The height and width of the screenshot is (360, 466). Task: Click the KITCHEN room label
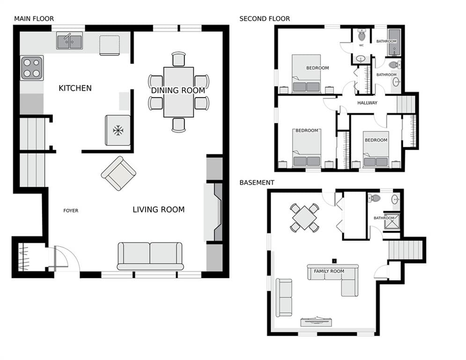[75, 88]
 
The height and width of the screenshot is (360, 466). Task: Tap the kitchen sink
[69, 41]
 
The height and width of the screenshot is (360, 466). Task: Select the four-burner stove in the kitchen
[32, 68]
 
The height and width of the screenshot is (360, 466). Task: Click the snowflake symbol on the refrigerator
[118, 130]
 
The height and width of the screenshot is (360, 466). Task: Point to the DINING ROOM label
[178, 90]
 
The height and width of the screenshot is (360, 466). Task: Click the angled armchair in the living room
[118, 173]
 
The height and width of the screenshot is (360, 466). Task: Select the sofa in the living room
[150, 256]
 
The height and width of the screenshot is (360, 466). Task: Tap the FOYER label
[71, 210]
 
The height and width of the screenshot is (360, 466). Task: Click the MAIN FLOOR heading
[34, 19]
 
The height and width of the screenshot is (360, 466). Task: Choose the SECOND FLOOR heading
[265, 19]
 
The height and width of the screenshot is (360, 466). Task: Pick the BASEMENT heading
[257, 182]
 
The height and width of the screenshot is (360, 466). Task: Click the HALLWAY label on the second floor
[367, 103]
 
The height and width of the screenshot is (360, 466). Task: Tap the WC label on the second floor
[362, 45]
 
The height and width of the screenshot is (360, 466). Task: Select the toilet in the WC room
[362, 35]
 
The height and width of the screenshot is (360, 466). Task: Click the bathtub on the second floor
[394, 42]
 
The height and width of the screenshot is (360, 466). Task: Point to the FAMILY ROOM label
[329, 271]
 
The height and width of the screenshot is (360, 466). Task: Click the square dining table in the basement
[304, 218]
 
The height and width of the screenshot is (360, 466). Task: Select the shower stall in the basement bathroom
[392, 221]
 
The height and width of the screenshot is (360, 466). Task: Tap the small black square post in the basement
[334, 261]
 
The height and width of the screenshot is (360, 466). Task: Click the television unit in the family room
[316, 322]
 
